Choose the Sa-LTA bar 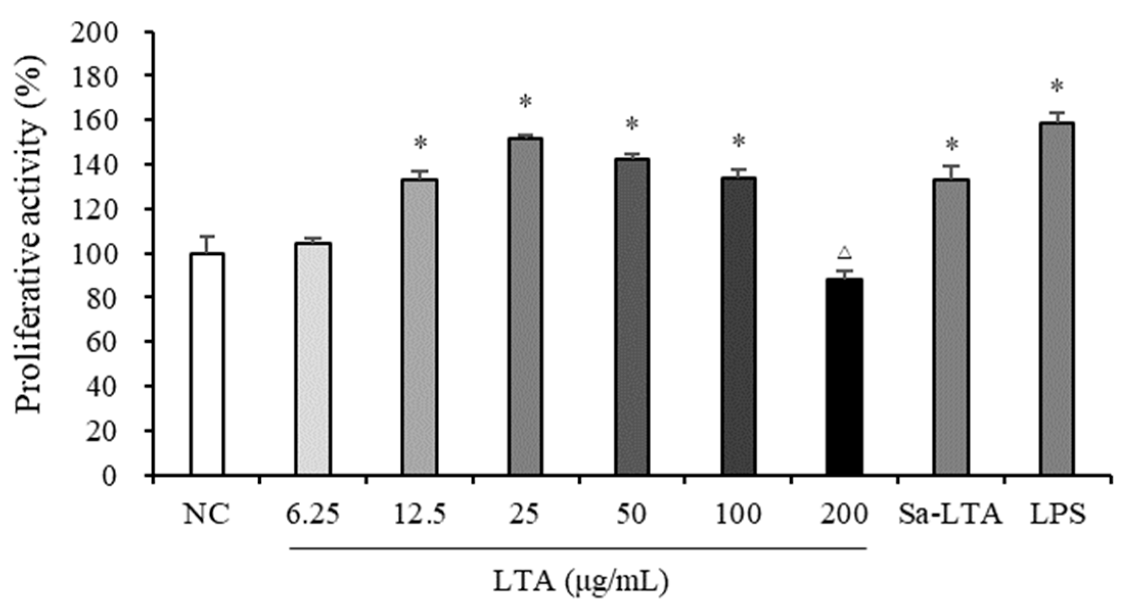click(951, 327)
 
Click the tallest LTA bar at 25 click(525, 306)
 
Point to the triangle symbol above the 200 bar click(844, 252)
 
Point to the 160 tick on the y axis click(148, 120)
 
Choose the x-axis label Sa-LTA click(950, 515)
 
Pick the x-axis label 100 click(738, 515)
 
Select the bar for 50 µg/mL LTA click(632, 317)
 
